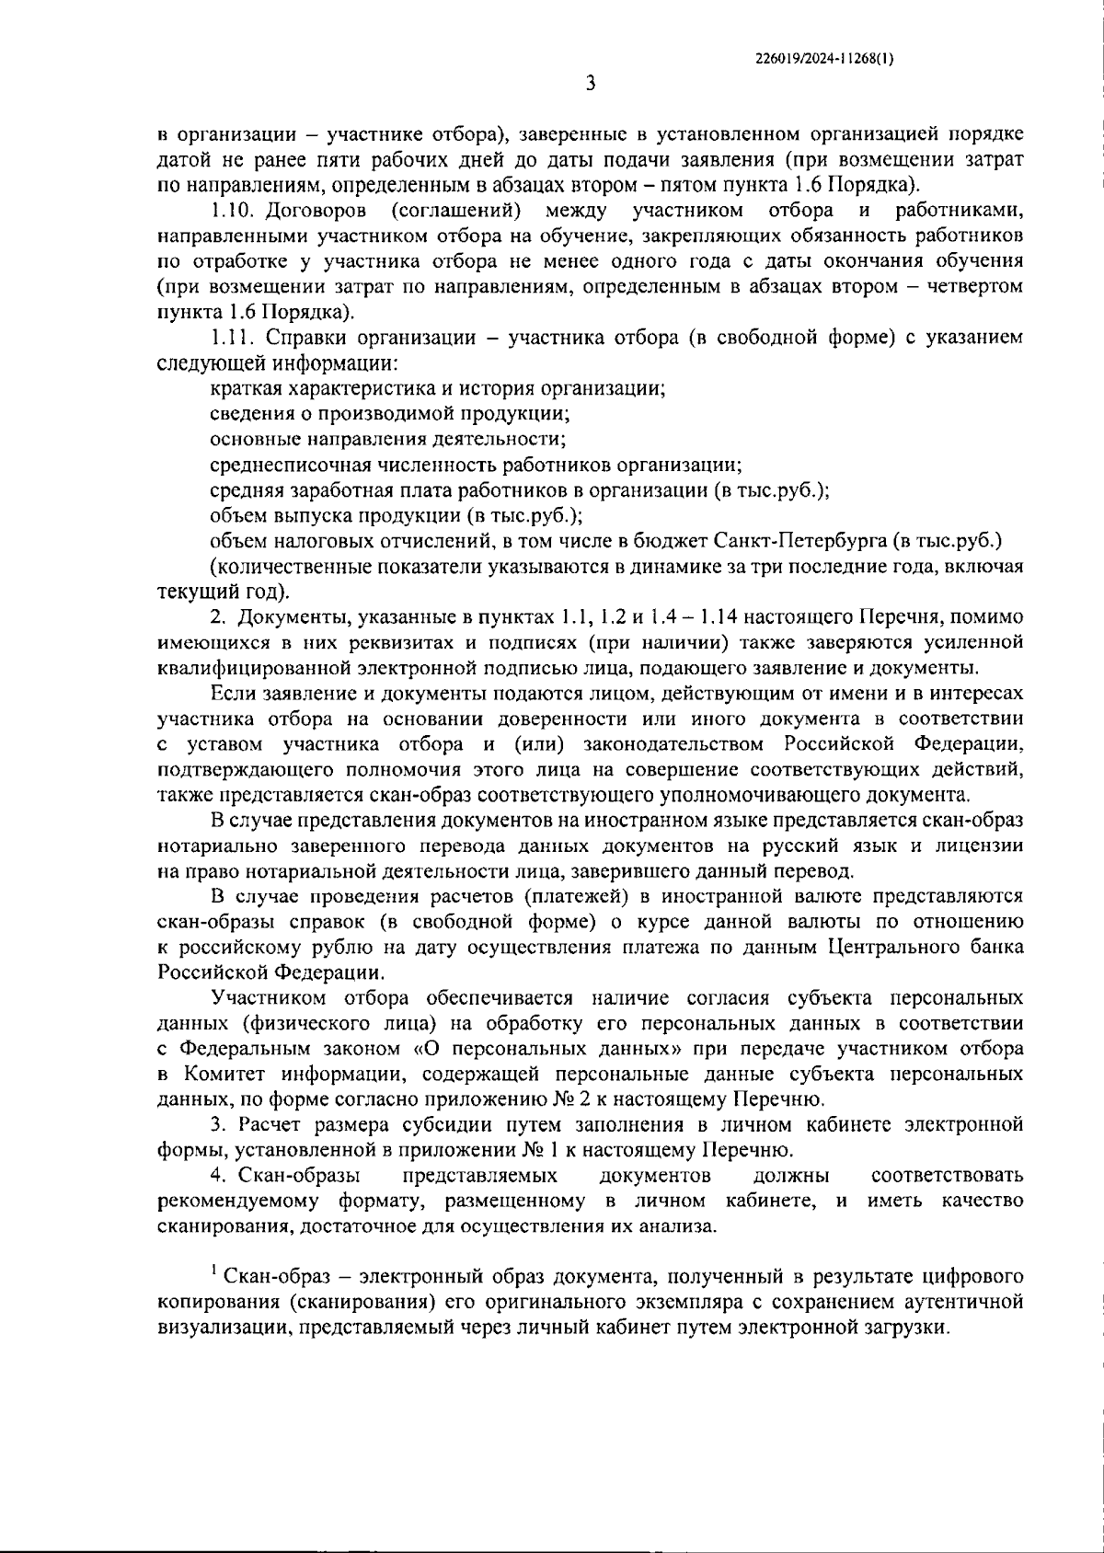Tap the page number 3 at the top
tap(591, 84)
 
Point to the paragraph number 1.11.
tap(230, 338)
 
